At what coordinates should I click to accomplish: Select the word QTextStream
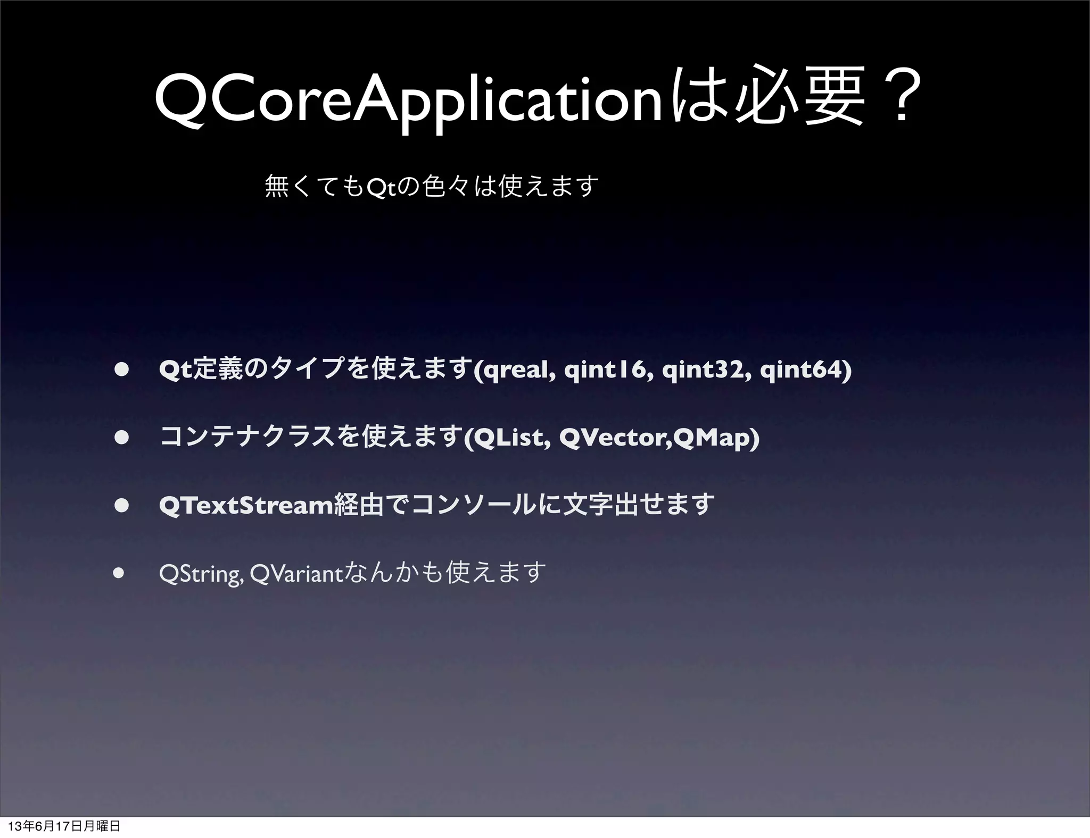tap(246, 505)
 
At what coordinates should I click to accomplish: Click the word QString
tap(201, 574)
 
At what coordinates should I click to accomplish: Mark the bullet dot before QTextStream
tap(122, 505)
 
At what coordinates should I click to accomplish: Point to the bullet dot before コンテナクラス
tap(122, 437)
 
